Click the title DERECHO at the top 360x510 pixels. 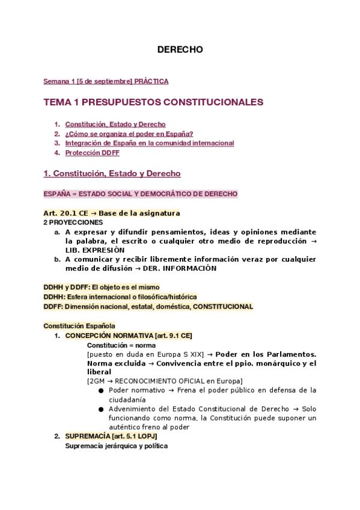pyautogui.click(x=180, y=49)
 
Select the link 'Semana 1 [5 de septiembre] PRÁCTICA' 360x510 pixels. pyautogui.click(x=106, y=81)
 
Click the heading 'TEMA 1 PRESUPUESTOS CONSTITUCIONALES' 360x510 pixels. pyautogui.click(x=153, y=102)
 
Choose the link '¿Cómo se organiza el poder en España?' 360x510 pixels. pyautogui.click(x=129, y=134)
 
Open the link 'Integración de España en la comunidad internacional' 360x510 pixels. pyautogui.click(x=149, y=143)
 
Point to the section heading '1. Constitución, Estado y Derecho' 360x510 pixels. pyautogui.click(x=112, y=174)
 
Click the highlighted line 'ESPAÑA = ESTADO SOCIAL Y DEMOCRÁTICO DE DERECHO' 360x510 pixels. pyautogui.click(x=140, y=194)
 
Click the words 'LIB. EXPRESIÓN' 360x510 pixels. pyautogui.click(x=95, y=250)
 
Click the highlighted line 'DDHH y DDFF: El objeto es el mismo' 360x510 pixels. pyautogui.click(x=102, y=287)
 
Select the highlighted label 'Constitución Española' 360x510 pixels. pyautogui.click(x=79, y=326)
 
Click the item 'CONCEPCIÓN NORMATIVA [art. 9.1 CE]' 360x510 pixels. pyautogui.click(x=129, y=336)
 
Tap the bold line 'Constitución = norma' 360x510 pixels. pyautogui.click(x=121, y=345)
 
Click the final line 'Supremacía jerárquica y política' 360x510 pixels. pyautogui.click(x=116, y=446)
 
